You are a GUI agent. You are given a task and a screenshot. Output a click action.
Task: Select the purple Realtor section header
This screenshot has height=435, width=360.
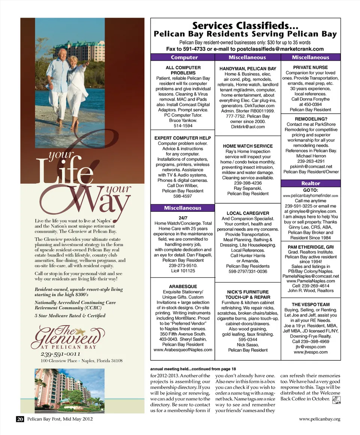311,183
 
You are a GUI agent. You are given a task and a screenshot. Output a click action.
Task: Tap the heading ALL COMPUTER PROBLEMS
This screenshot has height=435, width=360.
183,70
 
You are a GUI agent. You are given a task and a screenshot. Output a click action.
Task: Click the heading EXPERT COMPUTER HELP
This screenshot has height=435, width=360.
183,138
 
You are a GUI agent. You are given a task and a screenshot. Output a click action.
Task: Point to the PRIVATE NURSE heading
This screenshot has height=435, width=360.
310,67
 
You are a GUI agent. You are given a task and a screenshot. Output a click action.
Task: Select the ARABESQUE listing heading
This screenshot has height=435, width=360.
183,287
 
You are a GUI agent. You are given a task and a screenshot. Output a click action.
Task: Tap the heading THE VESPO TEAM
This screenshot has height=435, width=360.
311,305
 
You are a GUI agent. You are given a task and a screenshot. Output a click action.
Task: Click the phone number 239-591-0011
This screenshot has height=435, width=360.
60,354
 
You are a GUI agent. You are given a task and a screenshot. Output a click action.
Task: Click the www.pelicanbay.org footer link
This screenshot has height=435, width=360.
319,419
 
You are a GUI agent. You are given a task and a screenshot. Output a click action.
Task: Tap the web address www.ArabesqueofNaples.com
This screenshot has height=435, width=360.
183,350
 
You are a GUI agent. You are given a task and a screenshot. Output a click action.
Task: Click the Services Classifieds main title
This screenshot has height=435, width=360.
245,26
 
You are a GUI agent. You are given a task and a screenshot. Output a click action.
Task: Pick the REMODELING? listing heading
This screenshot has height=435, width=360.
311,119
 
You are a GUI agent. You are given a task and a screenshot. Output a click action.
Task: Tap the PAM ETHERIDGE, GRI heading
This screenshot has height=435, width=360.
311,247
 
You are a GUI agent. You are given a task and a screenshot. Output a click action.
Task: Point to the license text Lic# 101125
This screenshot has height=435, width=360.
183,271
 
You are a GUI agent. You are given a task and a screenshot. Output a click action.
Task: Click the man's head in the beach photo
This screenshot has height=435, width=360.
63,53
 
